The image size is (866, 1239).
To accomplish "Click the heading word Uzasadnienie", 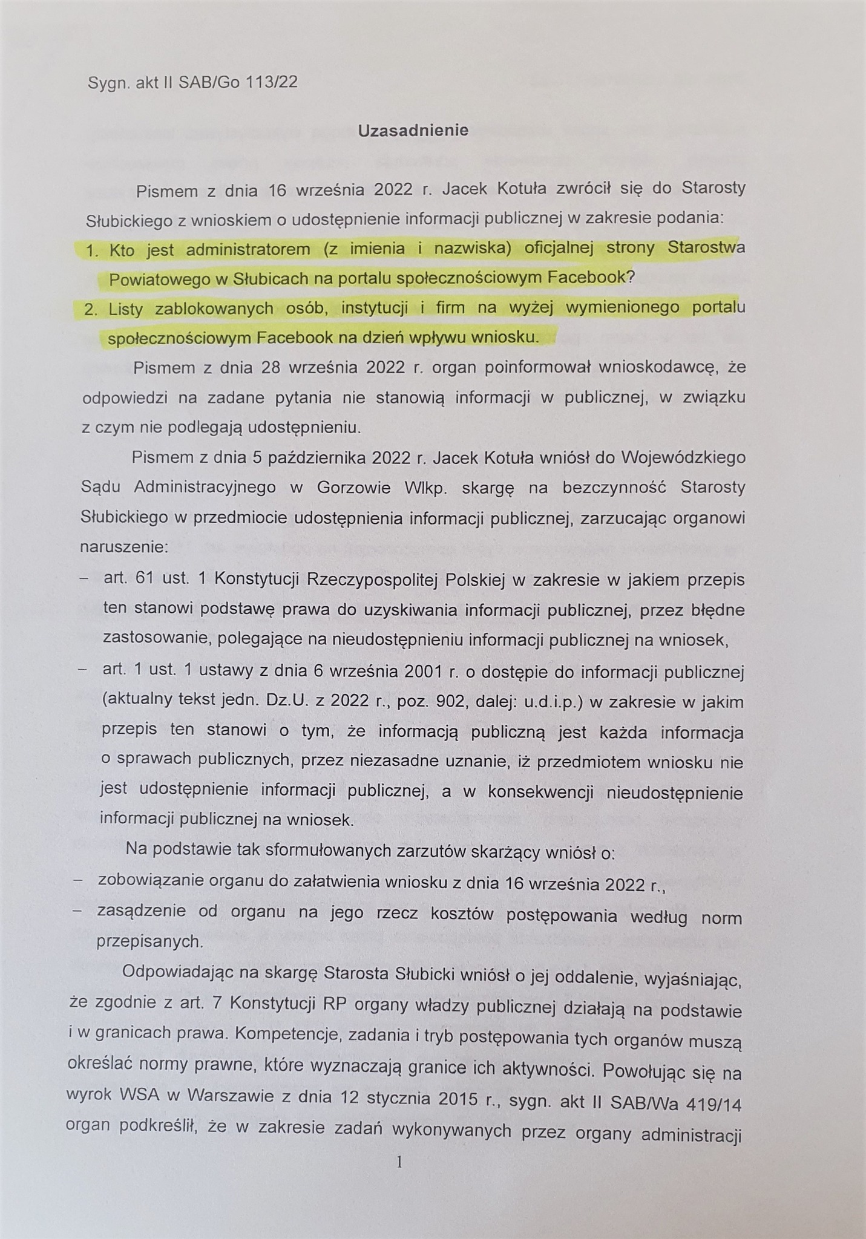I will (413, 131).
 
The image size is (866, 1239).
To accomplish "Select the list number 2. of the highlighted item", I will (91, 310).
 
